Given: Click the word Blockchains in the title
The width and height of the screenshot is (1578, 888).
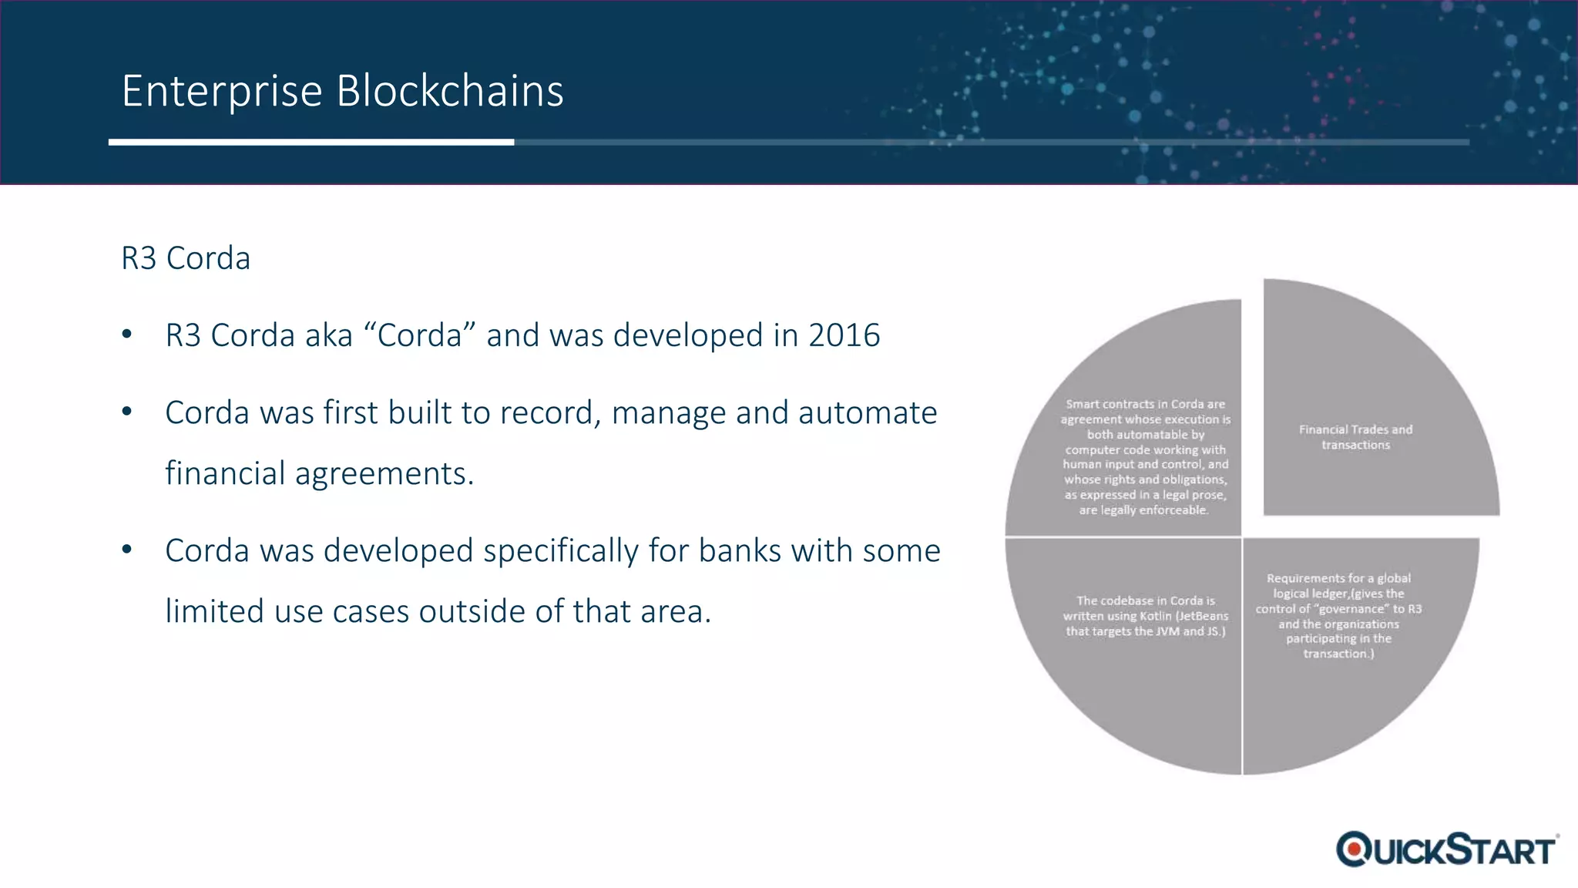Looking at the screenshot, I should click(x=450, y=91).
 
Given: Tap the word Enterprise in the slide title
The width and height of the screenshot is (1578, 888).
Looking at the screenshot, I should click(x=222, y=91).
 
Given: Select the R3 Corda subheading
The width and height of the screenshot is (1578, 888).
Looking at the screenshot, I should click(x=186, y=258).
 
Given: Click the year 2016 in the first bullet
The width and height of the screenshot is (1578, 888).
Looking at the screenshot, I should click(x=844, y=335).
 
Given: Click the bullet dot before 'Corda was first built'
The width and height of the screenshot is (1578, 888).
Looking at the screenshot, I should click(x=127, y=412).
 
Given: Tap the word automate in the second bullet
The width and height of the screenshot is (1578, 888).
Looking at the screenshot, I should click(x=867, y=412).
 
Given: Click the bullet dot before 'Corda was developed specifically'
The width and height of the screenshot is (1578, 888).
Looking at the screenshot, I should click(x=127, y=550).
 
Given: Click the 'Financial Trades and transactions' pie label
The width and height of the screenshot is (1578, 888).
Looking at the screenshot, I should click(x=1355, y=437).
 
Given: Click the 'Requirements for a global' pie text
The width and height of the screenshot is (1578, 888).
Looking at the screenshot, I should click(x=1338, y=578).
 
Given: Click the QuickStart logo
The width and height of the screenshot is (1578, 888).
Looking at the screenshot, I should click(x=1447, y=849).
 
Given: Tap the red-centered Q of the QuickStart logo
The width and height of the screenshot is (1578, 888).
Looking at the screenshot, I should click(x=1354, y=849).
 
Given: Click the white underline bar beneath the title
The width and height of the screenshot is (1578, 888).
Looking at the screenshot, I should click(x=311, y=142).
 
